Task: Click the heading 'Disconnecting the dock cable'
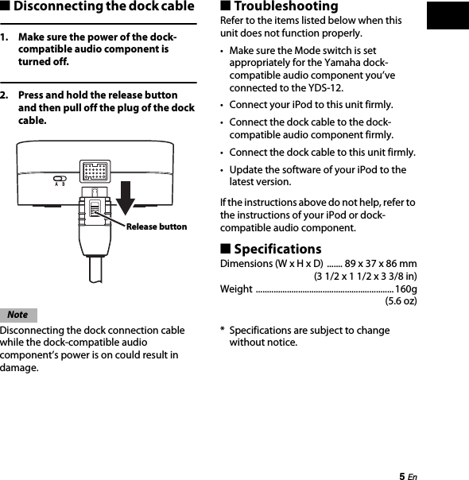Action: pos(103,7)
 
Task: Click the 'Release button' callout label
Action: pos(157,226)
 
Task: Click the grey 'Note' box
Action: pos(18,315)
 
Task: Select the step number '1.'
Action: pos(6,37)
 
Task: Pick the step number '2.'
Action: pos(6,94)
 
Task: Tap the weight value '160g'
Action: pos(405,288)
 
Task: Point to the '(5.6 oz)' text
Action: pos(401,301)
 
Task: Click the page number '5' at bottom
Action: pos(401,474)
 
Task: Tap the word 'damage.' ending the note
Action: pos(19,368)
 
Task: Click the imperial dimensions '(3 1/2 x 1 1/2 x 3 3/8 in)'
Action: pos(366,276)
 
